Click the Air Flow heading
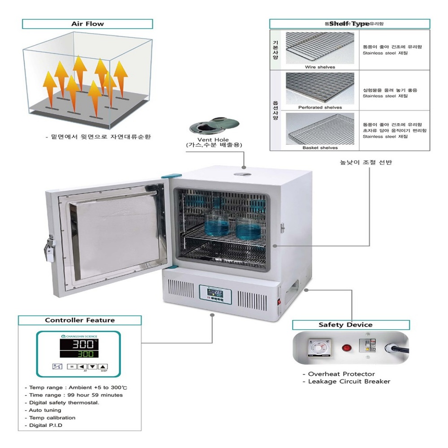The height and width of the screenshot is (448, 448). tap(87, 24)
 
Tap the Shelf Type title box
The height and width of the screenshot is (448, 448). tap(349, 24)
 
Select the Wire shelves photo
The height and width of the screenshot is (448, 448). tap(319, 48)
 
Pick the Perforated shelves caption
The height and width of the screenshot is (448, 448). tap(320, 108)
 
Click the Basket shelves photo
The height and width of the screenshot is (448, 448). tap(320, 129)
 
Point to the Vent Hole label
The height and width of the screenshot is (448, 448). tap(210, 142)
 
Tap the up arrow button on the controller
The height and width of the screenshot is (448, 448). tap(103, 366)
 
